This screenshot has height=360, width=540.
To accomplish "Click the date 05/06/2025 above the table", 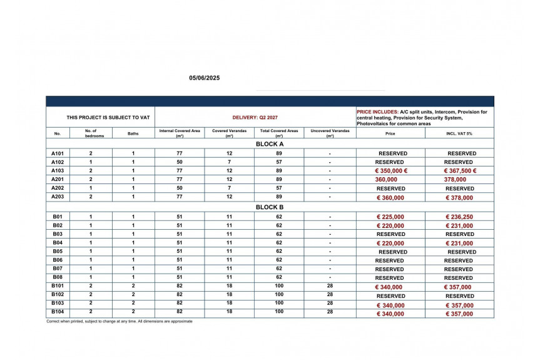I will (x=205, y=78).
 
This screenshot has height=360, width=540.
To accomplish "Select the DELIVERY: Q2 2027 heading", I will (x=255, y=117).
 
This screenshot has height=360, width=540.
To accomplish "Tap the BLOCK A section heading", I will (x=270, y=144).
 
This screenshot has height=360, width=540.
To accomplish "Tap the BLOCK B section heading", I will (x=270, y=207).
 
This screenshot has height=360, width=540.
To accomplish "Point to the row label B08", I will (x=58, y=277).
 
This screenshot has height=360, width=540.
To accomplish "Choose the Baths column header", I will (x=133, y=133).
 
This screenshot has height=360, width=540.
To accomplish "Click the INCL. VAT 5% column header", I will (x=459, y=133).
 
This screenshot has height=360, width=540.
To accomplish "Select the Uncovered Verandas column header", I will (x=330, y=133).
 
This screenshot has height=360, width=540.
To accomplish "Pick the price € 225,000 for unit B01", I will (x=390, y=217).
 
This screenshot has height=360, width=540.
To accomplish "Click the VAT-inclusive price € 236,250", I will (x=459, y=217).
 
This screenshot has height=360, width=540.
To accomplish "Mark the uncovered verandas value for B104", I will (x=330, y=311).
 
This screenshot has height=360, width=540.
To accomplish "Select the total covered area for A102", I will (x=279, y=162).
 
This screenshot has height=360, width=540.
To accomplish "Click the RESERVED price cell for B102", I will (x=390, y=296).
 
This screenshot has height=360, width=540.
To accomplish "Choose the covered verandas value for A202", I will (x=229, y=188).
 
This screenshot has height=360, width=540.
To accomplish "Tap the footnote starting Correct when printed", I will (x=120, y=321).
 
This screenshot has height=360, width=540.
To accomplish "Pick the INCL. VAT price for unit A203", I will (x=459, y=198).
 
